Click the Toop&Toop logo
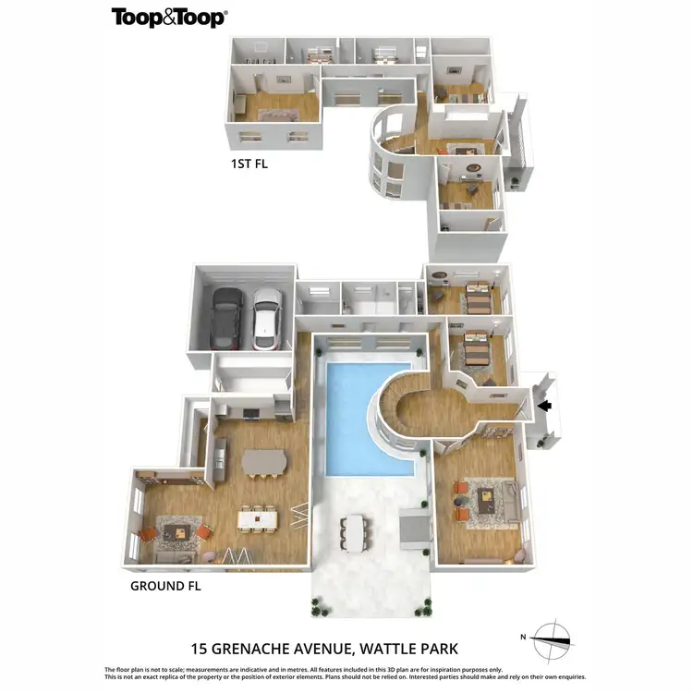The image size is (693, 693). point(169,18)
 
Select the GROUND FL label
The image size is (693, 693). point(165,585)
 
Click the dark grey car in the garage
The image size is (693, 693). point(225,317)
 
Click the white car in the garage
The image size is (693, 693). point(266,317)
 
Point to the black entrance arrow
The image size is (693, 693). point(545,405)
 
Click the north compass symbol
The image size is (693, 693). point(553,638)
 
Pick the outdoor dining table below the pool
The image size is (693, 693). point(356,533)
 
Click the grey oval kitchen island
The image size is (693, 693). point(265,461)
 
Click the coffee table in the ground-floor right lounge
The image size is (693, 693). point(484,500)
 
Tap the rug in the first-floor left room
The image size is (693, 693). point(274,115)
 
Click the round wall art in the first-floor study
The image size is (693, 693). point(472,167)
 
